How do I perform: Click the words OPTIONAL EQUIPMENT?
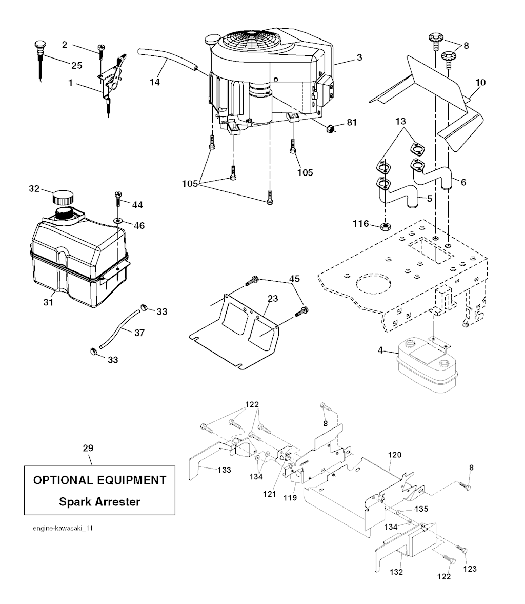pyautogui.click(x=100, y=480)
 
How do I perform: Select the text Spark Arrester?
pyautogui.click(x=100, y=501)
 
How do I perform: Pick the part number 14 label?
pyautogui.click(x=154, y=82)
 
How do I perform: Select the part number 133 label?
pyautogui.click(x=224, y=470)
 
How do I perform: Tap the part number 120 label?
pyautogui.click(x=395, y=455)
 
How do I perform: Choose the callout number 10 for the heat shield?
pyautogui.click(x=480, y=82)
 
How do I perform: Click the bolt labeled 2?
pyautogui.click(x=100, y=50)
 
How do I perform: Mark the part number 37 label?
pyautogui.click(x=139, y=333)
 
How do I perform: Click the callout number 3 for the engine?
pyautogui.click(x=359, y=57)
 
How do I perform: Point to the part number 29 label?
pyautogui.click(x=88, y=448)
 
